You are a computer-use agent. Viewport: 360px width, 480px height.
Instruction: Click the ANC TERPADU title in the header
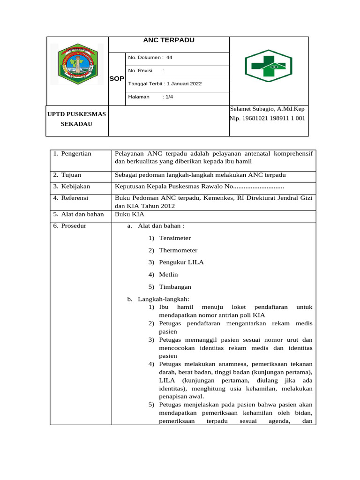[x=168, y=40]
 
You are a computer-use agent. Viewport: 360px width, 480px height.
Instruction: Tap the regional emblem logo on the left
[x=77, y=64]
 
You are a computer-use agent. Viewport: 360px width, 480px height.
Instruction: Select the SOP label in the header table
[x=116, y=79]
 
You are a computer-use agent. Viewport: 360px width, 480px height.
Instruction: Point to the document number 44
[x=169, y=58]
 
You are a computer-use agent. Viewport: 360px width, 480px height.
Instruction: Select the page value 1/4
[x=167, y=97]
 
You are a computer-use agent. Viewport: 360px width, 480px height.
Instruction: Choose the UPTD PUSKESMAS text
[x=77, y=114]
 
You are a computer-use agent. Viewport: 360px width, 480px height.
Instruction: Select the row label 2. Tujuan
[x=68, y=175]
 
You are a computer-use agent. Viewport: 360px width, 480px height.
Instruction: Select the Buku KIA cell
[x=127, y=215]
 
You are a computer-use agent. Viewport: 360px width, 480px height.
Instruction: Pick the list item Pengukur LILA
[x=181, y=262]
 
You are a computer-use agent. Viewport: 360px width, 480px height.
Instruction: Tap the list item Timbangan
[x=175, y=287]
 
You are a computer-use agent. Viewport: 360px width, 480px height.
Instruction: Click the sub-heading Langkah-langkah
[x=163, y=299]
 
